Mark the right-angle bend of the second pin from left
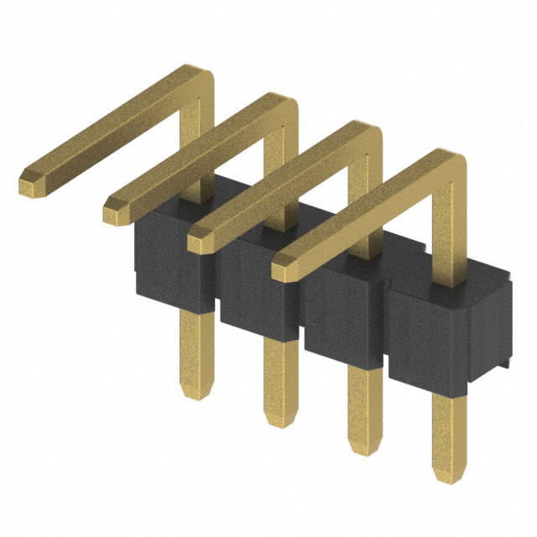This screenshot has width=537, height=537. pyautogui.click(x=282, y=108)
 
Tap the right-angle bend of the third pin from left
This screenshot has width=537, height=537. pyautogui.click(x=366, y=137)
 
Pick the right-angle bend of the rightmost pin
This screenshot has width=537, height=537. pyautogui.click(x=450, y=164)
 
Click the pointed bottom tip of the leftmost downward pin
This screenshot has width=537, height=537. pyautogui.click(x=196, y=394)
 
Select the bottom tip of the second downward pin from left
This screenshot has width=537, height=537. pyautogui.click(x=279, y=421)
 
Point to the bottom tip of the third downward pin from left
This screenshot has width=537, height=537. pyautogui.click(x=363, y=451)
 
